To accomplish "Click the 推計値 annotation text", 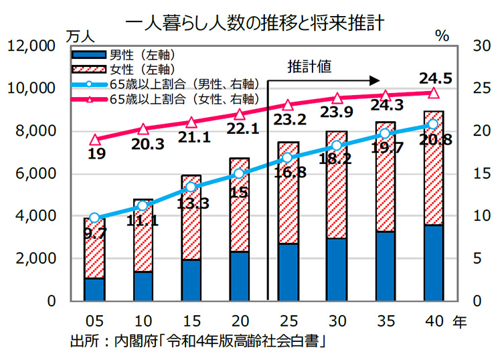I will coord(309,66).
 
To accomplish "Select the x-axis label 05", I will coord(94,322).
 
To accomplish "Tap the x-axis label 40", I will coord(433,322).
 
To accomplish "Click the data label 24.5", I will coord(434,76).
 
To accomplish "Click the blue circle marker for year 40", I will coord(433,124).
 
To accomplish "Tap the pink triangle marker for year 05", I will coord(94,140).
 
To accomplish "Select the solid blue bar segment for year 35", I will coord(385,266).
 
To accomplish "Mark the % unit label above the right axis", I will coord(442,36).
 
